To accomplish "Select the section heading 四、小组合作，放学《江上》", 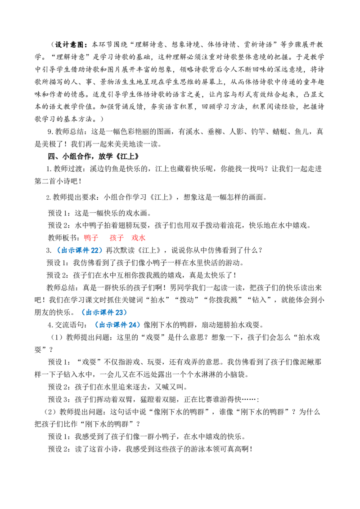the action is (93, 156).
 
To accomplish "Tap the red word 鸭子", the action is (91, 238).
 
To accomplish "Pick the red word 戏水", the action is (138, 238).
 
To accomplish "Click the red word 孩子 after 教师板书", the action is (117, 238).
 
